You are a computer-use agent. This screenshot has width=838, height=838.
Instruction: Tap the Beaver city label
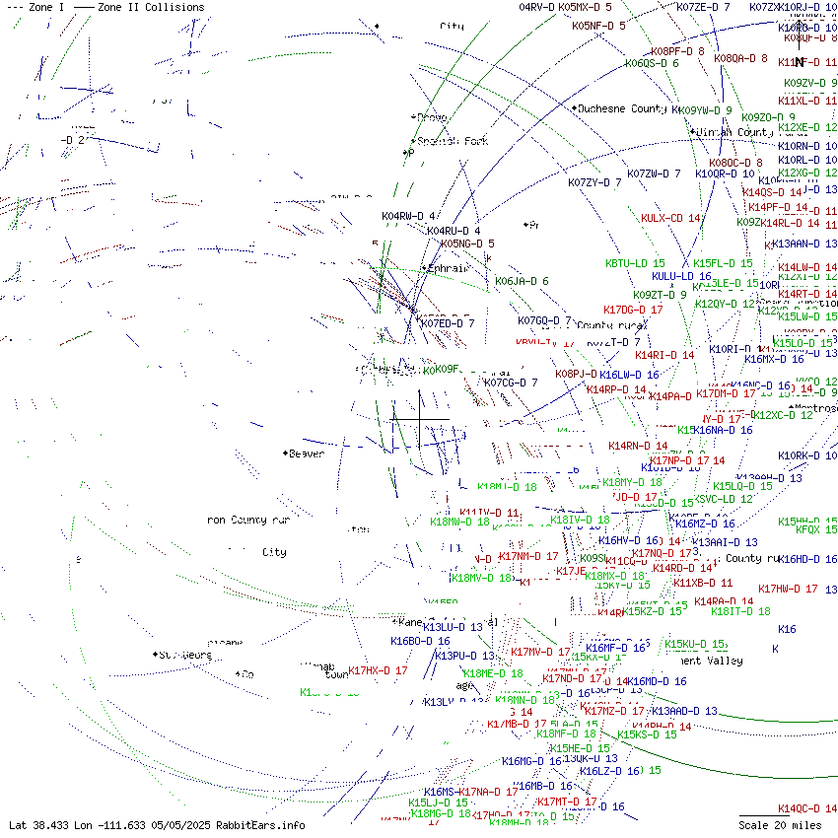tap(306, 454)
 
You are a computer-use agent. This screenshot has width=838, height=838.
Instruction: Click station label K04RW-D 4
tap(409, 216)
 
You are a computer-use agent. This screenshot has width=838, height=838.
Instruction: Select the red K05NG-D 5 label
tap(467, 244)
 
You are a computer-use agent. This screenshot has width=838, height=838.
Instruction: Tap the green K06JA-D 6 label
tap(522, 281)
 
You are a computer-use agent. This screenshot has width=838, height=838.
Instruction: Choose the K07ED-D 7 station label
tap(448, 322)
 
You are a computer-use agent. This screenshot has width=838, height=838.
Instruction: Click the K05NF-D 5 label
tap(598, 26)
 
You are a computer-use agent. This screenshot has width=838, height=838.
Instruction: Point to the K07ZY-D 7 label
tap(594, 182)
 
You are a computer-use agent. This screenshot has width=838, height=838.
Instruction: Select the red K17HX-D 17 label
tap(378, 670)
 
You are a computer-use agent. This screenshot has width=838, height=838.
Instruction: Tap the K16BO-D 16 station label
tap(420, 641)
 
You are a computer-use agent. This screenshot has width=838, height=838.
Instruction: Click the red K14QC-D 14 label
tap(806, 808)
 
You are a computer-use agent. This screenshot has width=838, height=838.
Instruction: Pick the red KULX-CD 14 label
tap(670, 218)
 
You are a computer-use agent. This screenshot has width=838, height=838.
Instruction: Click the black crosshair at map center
tap(420, 419)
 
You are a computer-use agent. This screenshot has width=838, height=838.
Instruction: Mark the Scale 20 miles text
tap(780, 825)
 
